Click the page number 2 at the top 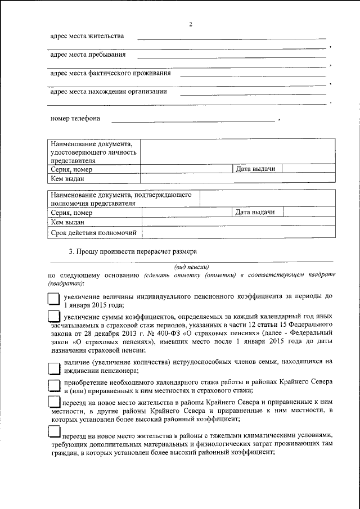coord(191,24)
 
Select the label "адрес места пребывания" coord(88,55)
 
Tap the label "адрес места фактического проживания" coord(110,73)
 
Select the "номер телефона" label coord(75,119)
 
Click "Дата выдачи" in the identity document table coord(255,169)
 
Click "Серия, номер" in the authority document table coord(71,213)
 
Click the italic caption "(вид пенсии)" coord(191,267)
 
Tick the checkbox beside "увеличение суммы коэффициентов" coord(53,318)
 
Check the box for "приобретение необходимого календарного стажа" coord(54,386)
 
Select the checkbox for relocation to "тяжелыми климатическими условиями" coord(53,431)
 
